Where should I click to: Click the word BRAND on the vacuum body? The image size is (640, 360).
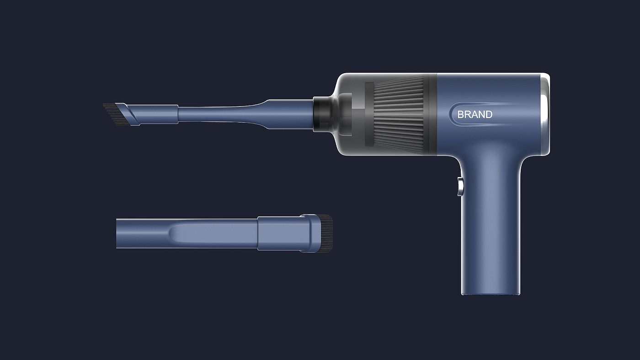coord(475,114)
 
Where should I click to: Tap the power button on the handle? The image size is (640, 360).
coord(460,187)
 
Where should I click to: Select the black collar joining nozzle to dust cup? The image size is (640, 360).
coord(322,114)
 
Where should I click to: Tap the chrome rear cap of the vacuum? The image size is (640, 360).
coord(545,114)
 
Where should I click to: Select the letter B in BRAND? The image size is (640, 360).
coord(461,114)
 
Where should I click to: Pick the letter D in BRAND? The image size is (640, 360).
coord(489,114)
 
